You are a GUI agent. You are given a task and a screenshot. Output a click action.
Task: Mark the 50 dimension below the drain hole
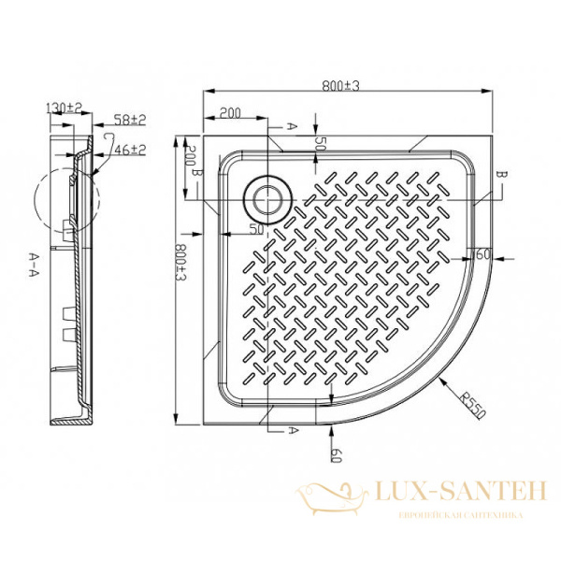tap(254, 228)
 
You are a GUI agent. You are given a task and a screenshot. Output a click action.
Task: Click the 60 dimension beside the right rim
tap(483, 254)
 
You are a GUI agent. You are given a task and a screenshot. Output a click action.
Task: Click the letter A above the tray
tap(293, 123)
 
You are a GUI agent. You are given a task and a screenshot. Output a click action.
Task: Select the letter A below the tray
tap(293, 429)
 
